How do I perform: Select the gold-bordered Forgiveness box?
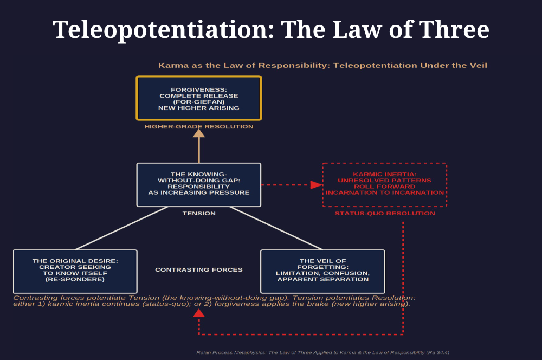coord(199,98)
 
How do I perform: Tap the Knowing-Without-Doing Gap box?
coord(199,185)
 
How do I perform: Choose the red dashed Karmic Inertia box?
coord(384,185)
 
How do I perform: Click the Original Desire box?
coord(75,271)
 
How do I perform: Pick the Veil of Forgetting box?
coord(322,271)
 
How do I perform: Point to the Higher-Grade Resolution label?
coord(199,127)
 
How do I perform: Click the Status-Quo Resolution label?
coord(385,214)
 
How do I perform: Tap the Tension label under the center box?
coord(199,214)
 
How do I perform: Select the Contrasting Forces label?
coord(199,270)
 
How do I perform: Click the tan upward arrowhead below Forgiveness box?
coord(199,133)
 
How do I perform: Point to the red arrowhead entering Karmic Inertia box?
coord(316,185)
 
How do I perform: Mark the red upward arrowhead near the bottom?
coord(199,313)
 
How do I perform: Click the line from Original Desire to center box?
coord(122,228)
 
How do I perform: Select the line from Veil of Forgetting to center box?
coord(276,228)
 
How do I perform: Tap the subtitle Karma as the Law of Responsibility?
coord(322,66)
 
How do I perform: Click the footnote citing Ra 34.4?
coord(322,352)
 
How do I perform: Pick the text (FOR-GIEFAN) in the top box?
coord(199,102)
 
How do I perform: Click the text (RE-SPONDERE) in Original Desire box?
coord(75,280)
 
